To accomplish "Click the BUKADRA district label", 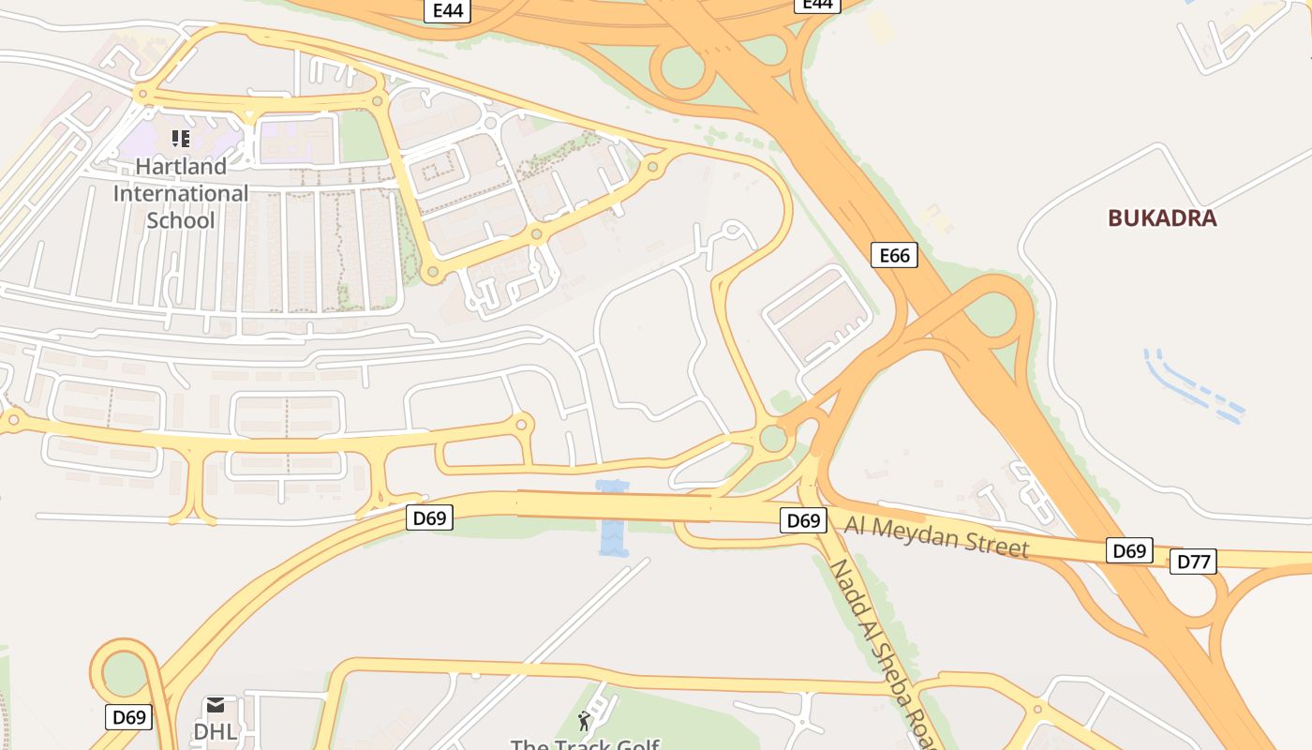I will [x=1162, y=218].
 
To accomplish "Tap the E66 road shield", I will [x=893, y=255].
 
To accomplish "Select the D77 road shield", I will [x=1193, y=562].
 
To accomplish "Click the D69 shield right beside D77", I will [x=1129, y=550].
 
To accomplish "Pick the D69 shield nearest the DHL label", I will [x=128, y=717].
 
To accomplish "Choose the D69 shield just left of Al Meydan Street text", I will [x=803, y=520].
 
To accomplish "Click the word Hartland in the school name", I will [x=181, y=167].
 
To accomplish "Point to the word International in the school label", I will [x=181, y=194].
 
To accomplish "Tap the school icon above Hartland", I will [x=181, y=139].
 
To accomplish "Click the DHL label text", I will [x=216, y=731].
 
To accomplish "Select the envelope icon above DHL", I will [x=216, y=705].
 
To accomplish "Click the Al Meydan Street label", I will [x=936, y=536].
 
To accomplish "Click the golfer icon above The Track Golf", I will [x=585, y=721].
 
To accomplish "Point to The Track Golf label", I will [x=585, y=744].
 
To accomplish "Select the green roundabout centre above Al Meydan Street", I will [x=773, y=438].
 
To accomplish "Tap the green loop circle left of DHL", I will [x=125, y=673].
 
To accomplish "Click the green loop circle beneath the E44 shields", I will [x=682, y=68].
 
